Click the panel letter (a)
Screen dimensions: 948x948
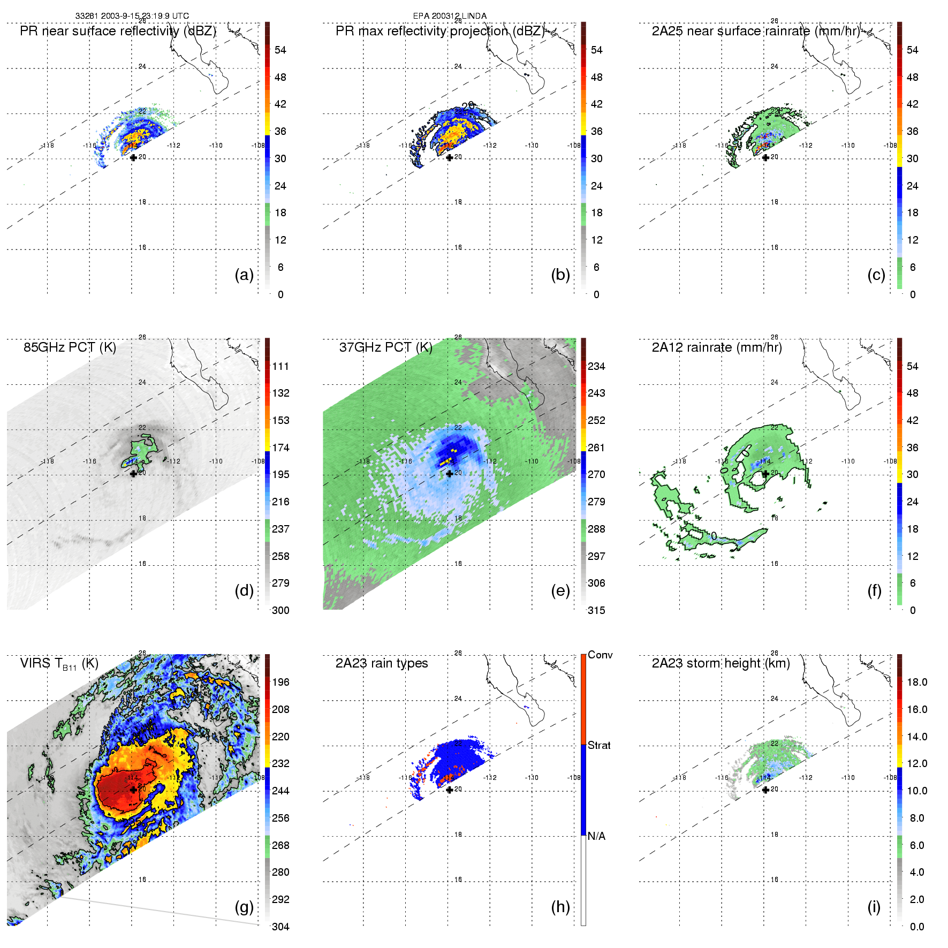pos(244,275)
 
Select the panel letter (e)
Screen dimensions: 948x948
pos(560,591)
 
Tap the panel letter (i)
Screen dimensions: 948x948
pos(874,907)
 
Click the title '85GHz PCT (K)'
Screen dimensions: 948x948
pos(70,347)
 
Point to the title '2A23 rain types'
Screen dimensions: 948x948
pos(382,663)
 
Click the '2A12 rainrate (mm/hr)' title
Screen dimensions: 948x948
pos(717,347)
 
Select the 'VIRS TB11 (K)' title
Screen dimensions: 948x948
pos(59,664)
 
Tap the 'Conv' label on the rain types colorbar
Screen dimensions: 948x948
pos(600,655)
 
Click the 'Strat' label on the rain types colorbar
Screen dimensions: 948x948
pos(599,745)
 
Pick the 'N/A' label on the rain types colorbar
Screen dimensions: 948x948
pos(596,836)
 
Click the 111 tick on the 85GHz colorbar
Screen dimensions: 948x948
pos(280,367)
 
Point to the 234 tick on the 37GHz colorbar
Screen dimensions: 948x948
pos(596,367)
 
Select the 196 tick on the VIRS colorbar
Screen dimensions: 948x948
pos(280,682)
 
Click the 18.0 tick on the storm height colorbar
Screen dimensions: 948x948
pos(916,682)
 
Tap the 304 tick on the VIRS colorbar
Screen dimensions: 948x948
pos(280,927)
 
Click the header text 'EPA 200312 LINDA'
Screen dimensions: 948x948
pos(450,16)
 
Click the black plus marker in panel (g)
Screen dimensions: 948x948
pos(133,790)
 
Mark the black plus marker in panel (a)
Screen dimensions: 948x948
pos(133,157)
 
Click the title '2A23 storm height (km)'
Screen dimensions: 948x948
pos(721,663)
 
